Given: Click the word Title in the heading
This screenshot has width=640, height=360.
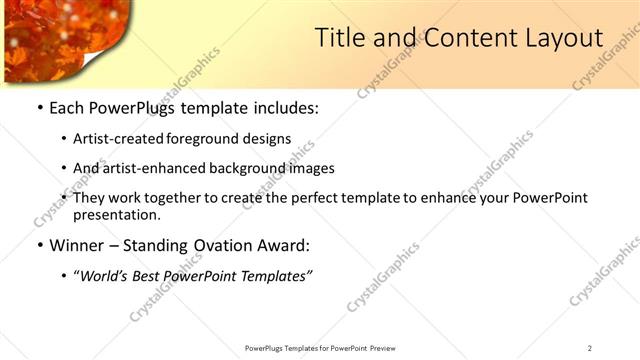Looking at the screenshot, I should pos(339,39).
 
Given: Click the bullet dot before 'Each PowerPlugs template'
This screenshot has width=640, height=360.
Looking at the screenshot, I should pos(39,108).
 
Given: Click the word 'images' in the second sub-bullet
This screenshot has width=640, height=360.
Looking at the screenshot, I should pos(312,168).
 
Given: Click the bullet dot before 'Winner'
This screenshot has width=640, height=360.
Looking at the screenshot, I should pos(39,245).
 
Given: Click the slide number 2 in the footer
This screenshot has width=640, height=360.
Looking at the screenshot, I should pos(590,348).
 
